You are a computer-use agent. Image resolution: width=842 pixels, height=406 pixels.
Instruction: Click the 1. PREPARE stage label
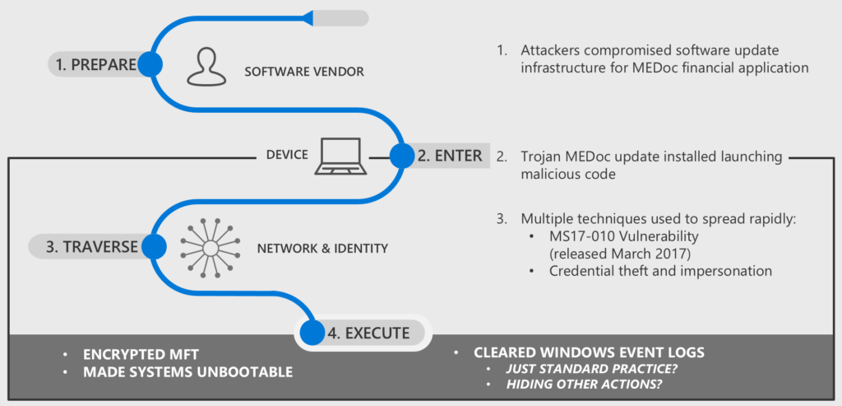coord(95,65)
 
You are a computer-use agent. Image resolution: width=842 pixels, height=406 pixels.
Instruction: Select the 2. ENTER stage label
coord(449,155)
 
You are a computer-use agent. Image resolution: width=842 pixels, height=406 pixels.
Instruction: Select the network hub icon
coord(210,246)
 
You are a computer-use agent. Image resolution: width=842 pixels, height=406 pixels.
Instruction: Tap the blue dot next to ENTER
coord(401,155)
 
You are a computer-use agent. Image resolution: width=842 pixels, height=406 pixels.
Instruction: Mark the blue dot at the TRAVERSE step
coord(150,245)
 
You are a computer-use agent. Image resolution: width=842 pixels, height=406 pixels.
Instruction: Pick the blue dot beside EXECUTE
coord(312,334)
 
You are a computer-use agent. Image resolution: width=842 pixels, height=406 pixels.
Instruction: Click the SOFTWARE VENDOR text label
coord(304,72)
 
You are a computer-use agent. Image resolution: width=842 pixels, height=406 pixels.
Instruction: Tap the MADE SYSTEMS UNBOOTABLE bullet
coord(187,372)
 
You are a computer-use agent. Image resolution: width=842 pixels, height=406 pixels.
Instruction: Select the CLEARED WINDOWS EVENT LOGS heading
coord(589,352)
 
